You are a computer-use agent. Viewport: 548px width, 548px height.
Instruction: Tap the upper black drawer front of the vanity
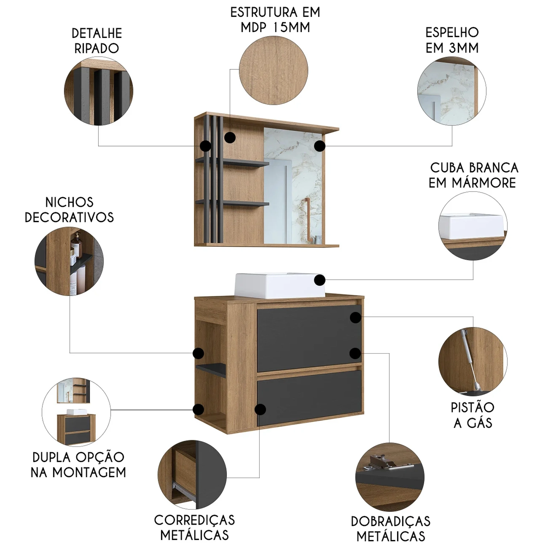(309, 338)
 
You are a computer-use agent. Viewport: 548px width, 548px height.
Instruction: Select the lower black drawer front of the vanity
(309, 398)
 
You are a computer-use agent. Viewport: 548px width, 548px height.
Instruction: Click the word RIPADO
(96, 48)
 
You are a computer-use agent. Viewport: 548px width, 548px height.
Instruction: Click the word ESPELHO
(452, 33)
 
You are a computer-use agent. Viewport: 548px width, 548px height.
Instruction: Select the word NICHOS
(69, 202)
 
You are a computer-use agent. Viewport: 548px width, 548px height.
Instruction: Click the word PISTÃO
(472, 407)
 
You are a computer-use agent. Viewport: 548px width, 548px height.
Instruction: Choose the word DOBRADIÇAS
(391, 521)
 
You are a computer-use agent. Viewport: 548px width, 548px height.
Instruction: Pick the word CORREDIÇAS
(194, 520)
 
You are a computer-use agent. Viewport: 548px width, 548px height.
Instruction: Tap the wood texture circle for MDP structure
(274, 71)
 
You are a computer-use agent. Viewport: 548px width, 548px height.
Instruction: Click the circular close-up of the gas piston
(473, 361)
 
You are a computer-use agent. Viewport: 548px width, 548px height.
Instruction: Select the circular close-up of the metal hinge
(390, 477)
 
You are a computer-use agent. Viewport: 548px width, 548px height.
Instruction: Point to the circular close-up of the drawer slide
(192, 475)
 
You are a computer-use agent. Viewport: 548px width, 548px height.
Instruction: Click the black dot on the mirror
(320, 146)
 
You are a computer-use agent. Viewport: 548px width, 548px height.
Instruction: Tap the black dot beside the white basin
(320, 280)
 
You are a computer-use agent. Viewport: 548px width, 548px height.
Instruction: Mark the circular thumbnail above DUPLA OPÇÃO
(76, 412)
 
